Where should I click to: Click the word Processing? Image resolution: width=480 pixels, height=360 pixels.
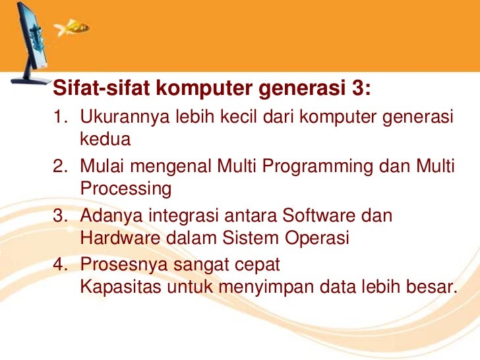coord(125,189)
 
